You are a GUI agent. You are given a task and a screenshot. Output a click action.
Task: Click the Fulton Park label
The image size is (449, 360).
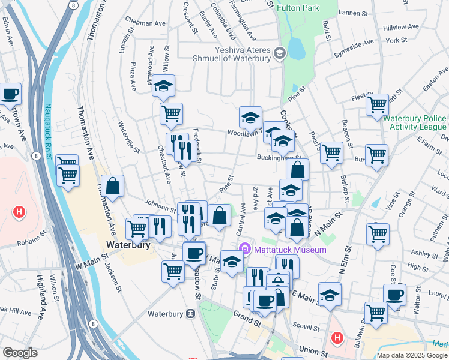click(298, 8)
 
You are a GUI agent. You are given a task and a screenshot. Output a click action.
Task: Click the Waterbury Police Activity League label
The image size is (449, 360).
click(414, 122)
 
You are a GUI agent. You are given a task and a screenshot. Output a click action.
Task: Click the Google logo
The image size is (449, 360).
click(20, 352)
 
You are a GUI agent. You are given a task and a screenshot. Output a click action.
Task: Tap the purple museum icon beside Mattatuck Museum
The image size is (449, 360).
click(245, 249)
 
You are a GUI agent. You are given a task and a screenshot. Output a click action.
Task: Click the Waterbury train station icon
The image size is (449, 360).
click(190, 313)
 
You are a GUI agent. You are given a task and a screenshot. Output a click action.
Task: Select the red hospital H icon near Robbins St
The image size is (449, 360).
click(20, 211)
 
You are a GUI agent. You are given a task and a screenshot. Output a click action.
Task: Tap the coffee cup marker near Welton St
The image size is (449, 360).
click(395, 295)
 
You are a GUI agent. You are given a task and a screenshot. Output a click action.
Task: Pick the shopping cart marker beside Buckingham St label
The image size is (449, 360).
click(331, 152)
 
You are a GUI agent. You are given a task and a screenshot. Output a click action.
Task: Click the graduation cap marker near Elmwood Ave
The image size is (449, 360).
click(163, 85)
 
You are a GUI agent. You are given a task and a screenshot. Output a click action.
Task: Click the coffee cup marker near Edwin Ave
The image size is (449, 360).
click(10, 94)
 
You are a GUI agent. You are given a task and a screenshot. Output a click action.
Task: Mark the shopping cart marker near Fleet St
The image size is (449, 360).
click(378, 104)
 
